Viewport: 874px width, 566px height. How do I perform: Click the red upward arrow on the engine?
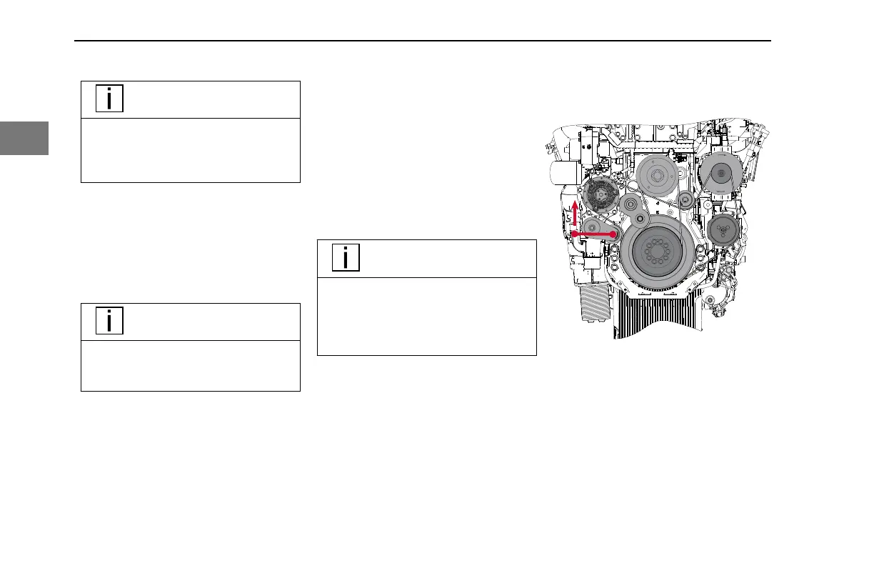(576, 212)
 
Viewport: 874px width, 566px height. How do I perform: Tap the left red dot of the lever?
(575, 233)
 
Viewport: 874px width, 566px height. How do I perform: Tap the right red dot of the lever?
(613, 234)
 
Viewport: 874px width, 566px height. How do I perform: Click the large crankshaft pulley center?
(655, 254)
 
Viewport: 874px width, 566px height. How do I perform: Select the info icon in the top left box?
(109, 99)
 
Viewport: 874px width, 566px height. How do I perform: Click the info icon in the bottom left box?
(109, 321)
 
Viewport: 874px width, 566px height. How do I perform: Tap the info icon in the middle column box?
(346, 258)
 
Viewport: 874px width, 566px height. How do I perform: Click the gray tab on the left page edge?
(24, 138)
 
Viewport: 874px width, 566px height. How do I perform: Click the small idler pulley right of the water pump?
(685, 199)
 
